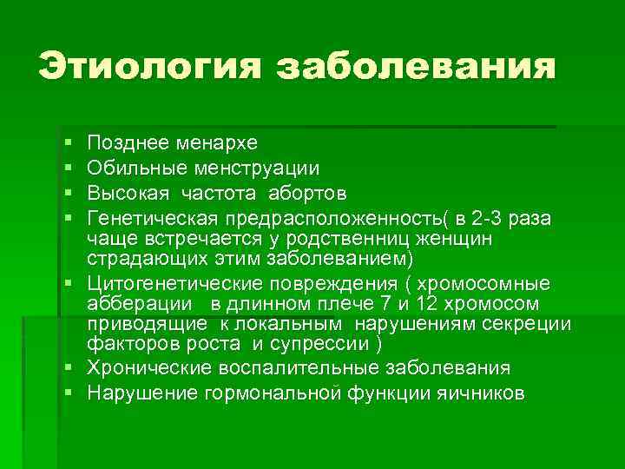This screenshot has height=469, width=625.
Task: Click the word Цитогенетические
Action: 181,284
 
